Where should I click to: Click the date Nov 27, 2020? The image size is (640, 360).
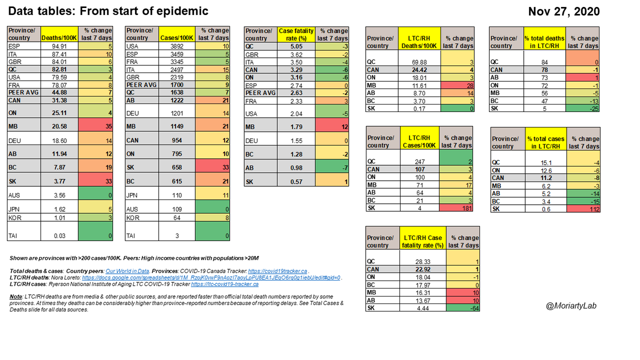[563, 11]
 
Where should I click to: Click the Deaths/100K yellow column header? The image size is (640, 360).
[60, 34]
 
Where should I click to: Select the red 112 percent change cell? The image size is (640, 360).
[583, 209]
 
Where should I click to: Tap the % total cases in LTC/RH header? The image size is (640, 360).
[544, 142]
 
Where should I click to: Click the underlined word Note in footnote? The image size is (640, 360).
[15, 296]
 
